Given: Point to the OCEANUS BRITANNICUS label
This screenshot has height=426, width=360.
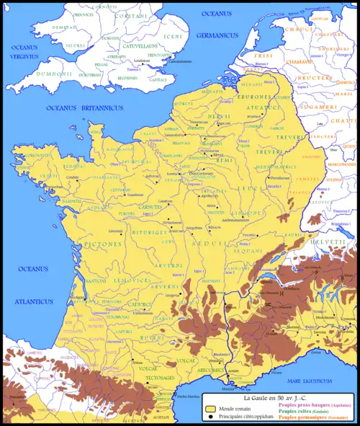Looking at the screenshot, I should point(82,107).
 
